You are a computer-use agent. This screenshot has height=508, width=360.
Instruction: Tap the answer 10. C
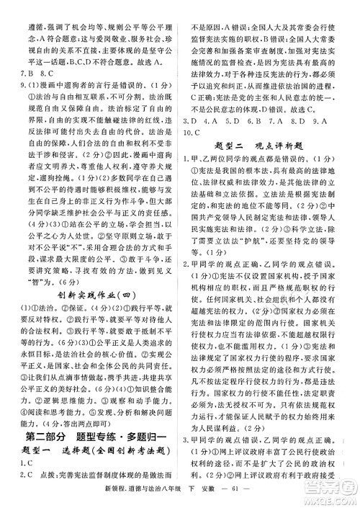(199, 133)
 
